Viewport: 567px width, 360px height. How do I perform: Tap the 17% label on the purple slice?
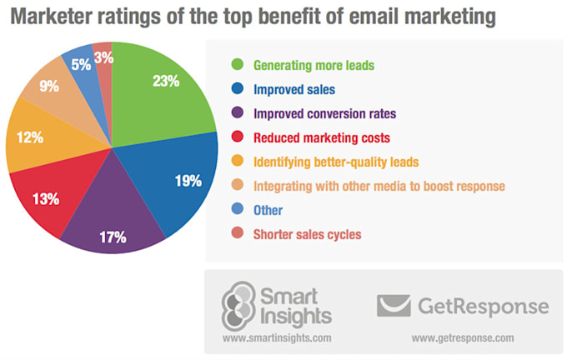coord(112,237)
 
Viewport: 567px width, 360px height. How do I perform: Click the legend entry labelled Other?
coord(273,210)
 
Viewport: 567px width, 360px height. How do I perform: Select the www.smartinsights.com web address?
coord(277,339)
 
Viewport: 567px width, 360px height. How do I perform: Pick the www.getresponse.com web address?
coord(464,339)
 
